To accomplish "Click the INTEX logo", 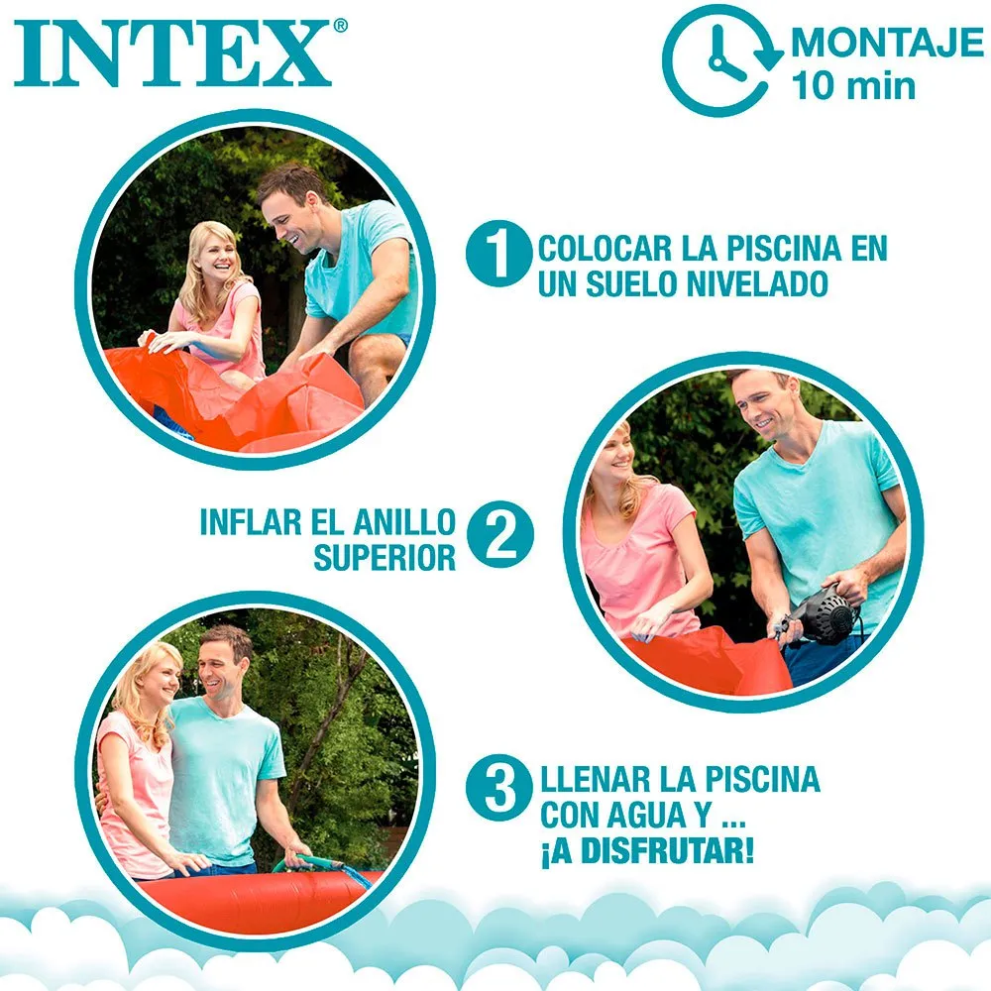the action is pos(172,54).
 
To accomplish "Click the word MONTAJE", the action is pos(887,43).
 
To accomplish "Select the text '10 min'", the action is pos(853,86).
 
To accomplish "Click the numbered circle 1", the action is pos(498,253).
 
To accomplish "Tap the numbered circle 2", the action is pos(499,534).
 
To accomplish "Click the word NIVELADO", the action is pos(757,283).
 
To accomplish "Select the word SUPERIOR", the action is pos(385,558).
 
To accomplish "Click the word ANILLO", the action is pos(404,522).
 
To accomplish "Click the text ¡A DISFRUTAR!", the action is pos(647,850).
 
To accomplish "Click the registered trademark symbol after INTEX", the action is pos(340,26).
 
